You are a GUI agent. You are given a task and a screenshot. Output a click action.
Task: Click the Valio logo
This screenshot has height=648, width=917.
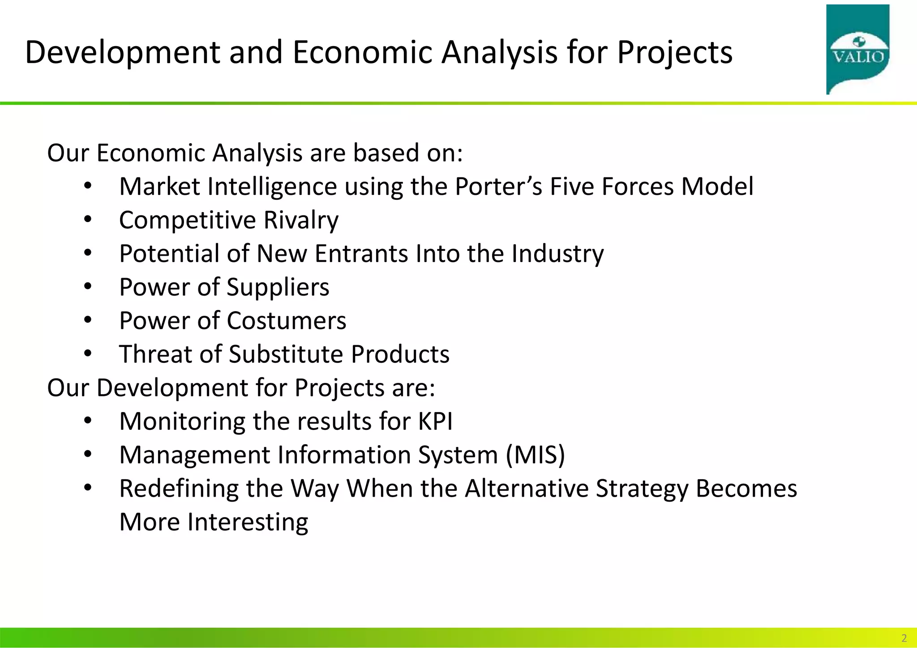(857, 49)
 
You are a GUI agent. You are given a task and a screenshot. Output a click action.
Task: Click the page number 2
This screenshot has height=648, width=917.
(904, 638)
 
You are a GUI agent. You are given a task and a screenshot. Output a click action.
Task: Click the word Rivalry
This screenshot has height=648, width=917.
(301, 220)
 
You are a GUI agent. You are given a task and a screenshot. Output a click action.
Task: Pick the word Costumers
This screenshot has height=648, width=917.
(286, 321)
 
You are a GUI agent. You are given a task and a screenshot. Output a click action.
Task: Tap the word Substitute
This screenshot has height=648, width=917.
(286, 354)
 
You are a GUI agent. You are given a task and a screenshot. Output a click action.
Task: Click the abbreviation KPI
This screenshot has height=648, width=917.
(435, 421)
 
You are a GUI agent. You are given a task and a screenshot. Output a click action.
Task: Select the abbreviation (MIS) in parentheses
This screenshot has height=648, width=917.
(536, 455)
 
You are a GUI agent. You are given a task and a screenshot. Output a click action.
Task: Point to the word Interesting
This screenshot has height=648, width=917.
(248, 522)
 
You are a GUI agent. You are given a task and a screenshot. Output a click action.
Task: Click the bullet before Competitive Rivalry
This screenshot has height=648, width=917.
(88, 220)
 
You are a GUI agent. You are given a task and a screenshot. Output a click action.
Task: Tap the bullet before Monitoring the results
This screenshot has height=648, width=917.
(88, 421)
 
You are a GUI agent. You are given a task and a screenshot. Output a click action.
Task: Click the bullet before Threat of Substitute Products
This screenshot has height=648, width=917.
(88, 354)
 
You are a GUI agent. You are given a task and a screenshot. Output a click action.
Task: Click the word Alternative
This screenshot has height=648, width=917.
(527, 489)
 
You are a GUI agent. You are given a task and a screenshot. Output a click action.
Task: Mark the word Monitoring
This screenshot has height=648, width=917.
(182, 421)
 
